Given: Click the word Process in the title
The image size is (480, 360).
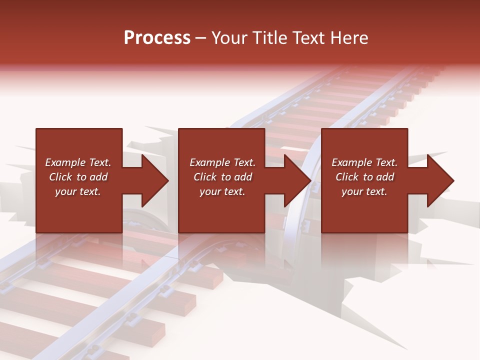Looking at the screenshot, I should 157,38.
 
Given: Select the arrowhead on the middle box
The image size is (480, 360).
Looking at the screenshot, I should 297,180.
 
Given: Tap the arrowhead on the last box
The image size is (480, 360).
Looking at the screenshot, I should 440,180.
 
